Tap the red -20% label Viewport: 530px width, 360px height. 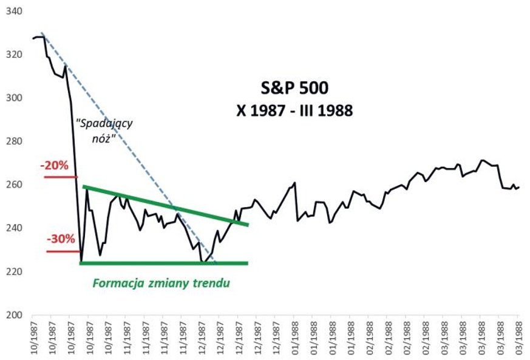click(x=54, y=166)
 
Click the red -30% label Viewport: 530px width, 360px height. click(x=59, y=239)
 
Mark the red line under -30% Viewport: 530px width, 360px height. click(x=63, y=251)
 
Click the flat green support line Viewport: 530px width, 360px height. click(x=164, y=263)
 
